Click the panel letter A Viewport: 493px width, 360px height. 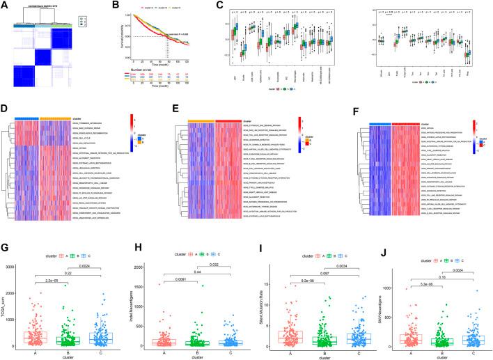[x=6, y=6]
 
